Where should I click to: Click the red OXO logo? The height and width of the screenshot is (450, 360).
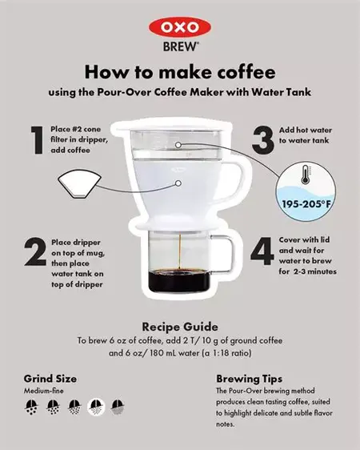tap(180, 27)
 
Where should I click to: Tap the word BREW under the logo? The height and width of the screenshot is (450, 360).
tap(180, 46)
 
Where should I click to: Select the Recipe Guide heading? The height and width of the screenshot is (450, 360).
tap(180, 327)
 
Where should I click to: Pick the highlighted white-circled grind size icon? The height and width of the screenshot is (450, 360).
tap(96, 406)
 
